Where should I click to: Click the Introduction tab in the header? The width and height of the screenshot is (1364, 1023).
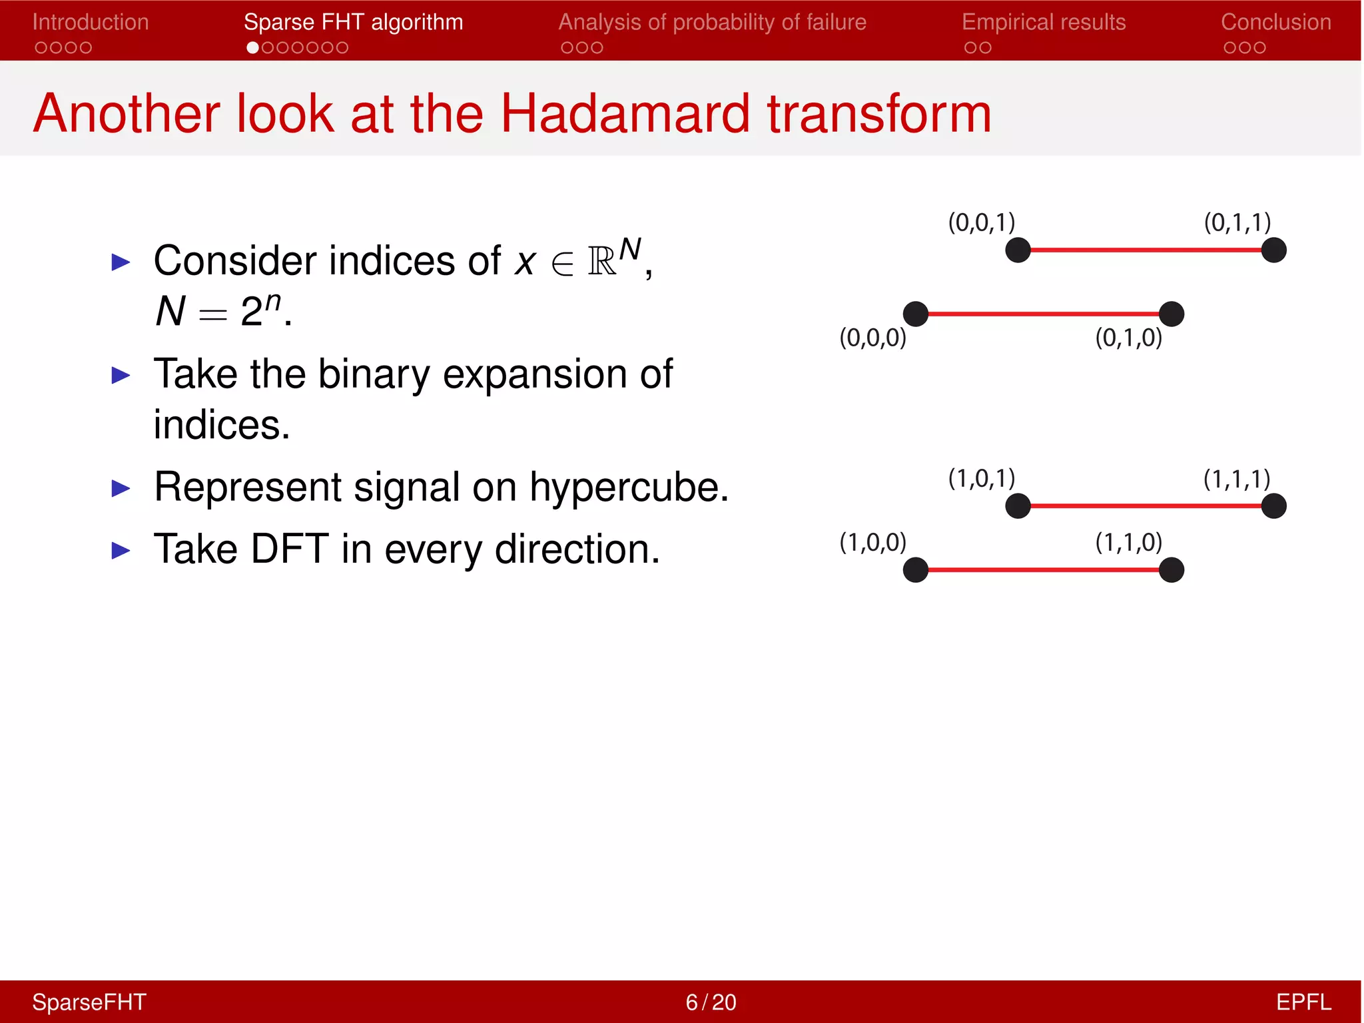click(91, 22)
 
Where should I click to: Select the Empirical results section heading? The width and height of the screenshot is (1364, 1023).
click(1043, 22)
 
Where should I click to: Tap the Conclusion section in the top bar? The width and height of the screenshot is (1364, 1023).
click(1275, 22)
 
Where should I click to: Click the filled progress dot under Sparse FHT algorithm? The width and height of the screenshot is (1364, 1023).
click(252, 48)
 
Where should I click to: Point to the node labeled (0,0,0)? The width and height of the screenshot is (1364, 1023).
click(916, 314)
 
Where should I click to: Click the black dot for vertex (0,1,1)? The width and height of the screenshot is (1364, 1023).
click(1273, 250)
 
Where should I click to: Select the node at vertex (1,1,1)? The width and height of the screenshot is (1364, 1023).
click(1273, 506)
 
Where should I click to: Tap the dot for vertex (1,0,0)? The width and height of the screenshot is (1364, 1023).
click(916, 570)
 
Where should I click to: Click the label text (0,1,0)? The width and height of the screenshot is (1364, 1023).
click(1128, 338)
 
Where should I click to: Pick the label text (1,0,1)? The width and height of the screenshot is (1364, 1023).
click(981, 478)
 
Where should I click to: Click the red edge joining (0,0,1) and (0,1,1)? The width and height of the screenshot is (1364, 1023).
click(1146, 250)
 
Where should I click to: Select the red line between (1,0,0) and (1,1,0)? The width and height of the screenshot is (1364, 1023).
click(1043, 570)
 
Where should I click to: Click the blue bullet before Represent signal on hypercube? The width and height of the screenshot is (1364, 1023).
click(121, 489)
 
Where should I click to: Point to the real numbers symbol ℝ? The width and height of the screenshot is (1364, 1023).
click(602, 262)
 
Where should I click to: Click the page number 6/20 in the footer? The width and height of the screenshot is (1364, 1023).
click(711, 1002)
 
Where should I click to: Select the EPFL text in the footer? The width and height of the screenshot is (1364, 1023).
click(1303, 1002)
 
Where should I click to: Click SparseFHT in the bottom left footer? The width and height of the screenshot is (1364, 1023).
click(89, 1002)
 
